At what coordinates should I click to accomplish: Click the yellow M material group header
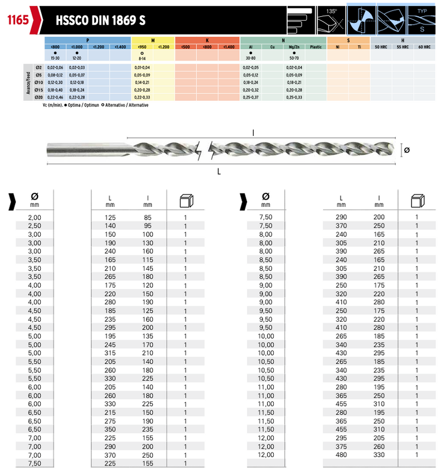point(153,41)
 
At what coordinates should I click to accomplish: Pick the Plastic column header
point(316,47)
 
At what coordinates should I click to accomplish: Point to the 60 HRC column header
point(424,47)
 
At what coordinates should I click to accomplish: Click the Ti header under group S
point(359,47)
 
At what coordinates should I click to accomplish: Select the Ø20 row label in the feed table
point(38,97)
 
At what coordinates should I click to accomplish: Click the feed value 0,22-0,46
point(55,97)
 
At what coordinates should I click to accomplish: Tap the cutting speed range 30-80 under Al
point(251,58)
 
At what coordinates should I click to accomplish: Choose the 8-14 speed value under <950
point(142,58)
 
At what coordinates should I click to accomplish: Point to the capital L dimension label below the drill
point(219,172)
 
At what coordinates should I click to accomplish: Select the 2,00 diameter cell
point(35,217)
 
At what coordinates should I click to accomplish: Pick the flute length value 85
point(147,217)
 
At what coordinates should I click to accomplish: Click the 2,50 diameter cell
point(35,226)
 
